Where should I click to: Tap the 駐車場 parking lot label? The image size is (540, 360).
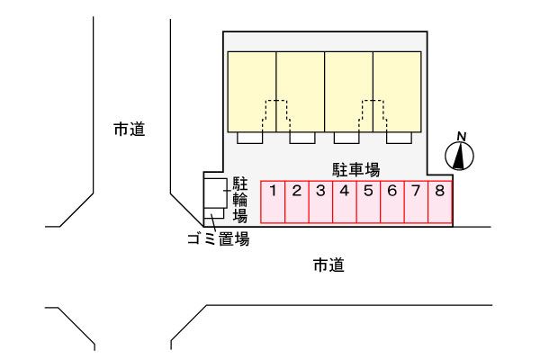354,168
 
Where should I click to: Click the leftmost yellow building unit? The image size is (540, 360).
251,90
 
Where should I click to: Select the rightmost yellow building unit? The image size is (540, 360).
398,90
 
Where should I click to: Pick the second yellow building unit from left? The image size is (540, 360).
300,90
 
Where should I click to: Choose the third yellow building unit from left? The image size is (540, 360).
348,90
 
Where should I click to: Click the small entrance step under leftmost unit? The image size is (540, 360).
248,138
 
